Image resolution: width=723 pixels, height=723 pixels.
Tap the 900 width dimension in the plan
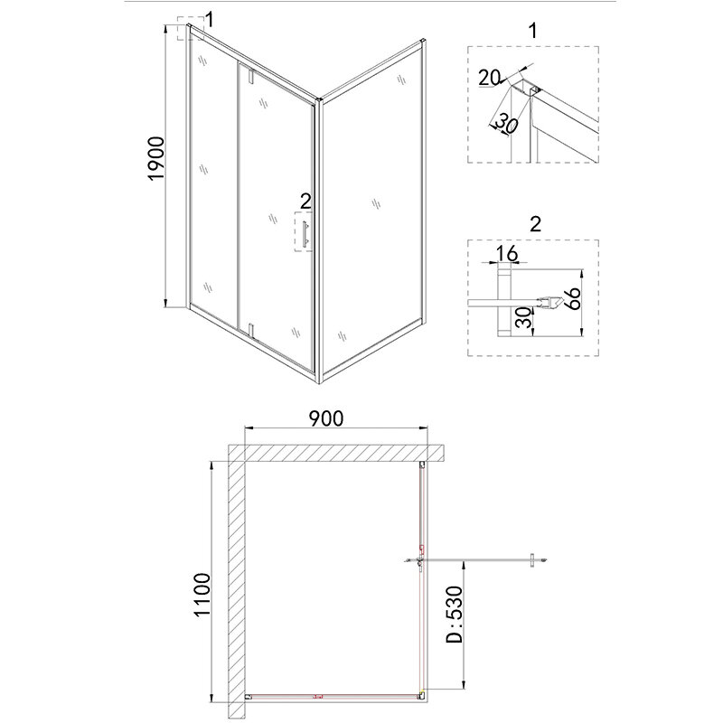pyautogui.click(x=326, y=418)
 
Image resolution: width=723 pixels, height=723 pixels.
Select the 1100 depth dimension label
pyautogui.click(x=202, y=595)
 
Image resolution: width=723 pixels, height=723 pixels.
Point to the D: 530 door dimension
pyautogui.click(x=454, y=615)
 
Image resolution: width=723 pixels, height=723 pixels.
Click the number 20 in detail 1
pyautogui.click(x=490, y=78)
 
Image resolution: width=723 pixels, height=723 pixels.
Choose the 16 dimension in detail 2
pyautogui.click(x=507, y=253)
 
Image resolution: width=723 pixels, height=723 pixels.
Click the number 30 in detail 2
pyautogui.click(x=523, y=318)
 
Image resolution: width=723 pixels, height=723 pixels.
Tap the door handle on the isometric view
pyautogui.click(x=305, y=235)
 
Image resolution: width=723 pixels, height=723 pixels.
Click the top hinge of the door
pyautogui.click(x=250, y=76)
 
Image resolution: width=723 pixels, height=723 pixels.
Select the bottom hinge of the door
pyautogui.click(x=250, y=331)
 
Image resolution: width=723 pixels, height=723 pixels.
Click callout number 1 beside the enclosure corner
pyautogui.click(x=210, y=20)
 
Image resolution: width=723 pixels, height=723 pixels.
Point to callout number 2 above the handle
pyautogui.click(x=305, y=201)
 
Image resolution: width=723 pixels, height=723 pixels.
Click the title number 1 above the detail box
pyautogui.click(x=533, y=31)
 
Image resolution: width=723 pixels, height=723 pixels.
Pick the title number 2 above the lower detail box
pyautogui.click(x=535, y=224)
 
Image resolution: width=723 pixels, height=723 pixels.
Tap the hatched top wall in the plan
pyautogui.click(x=336, y=453)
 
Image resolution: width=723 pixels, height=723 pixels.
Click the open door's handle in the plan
pyautogui.click(x=532, y=560)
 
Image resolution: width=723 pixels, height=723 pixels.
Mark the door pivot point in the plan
pyautogui.click(x=419, y=561)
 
